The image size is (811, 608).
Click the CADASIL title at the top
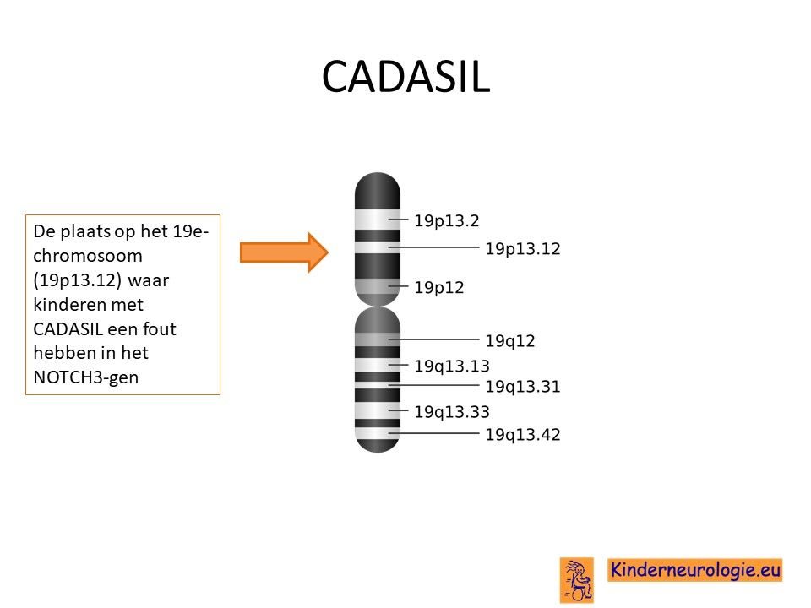click(405, 77)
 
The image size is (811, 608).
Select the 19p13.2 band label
click(446, 220)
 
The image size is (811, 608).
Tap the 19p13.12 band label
click(522, 248)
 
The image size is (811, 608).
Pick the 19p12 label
click(438, 287)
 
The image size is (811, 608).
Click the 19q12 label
click(509, 340)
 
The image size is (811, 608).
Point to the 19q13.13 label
click(451, 366)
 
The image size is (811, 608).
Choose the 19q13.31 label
click(522, 386)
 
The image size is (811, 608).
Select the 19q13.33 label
click(451, 412)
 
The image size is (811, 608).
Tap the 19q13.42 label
click(522, 434)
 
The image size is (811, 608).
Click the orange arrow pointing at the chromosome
click(284, 252)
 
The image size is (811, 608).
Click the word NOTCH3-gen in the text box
click(86, 377)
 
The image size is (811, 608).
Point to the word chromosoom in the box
click(87, 255)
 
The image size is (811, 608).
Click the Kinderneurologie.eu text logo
click(695, 570)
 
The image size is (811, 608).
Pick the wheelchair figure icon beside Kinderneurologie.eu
click(577, 580)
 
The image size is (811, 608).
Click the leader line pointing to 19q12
click(434, 339)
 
